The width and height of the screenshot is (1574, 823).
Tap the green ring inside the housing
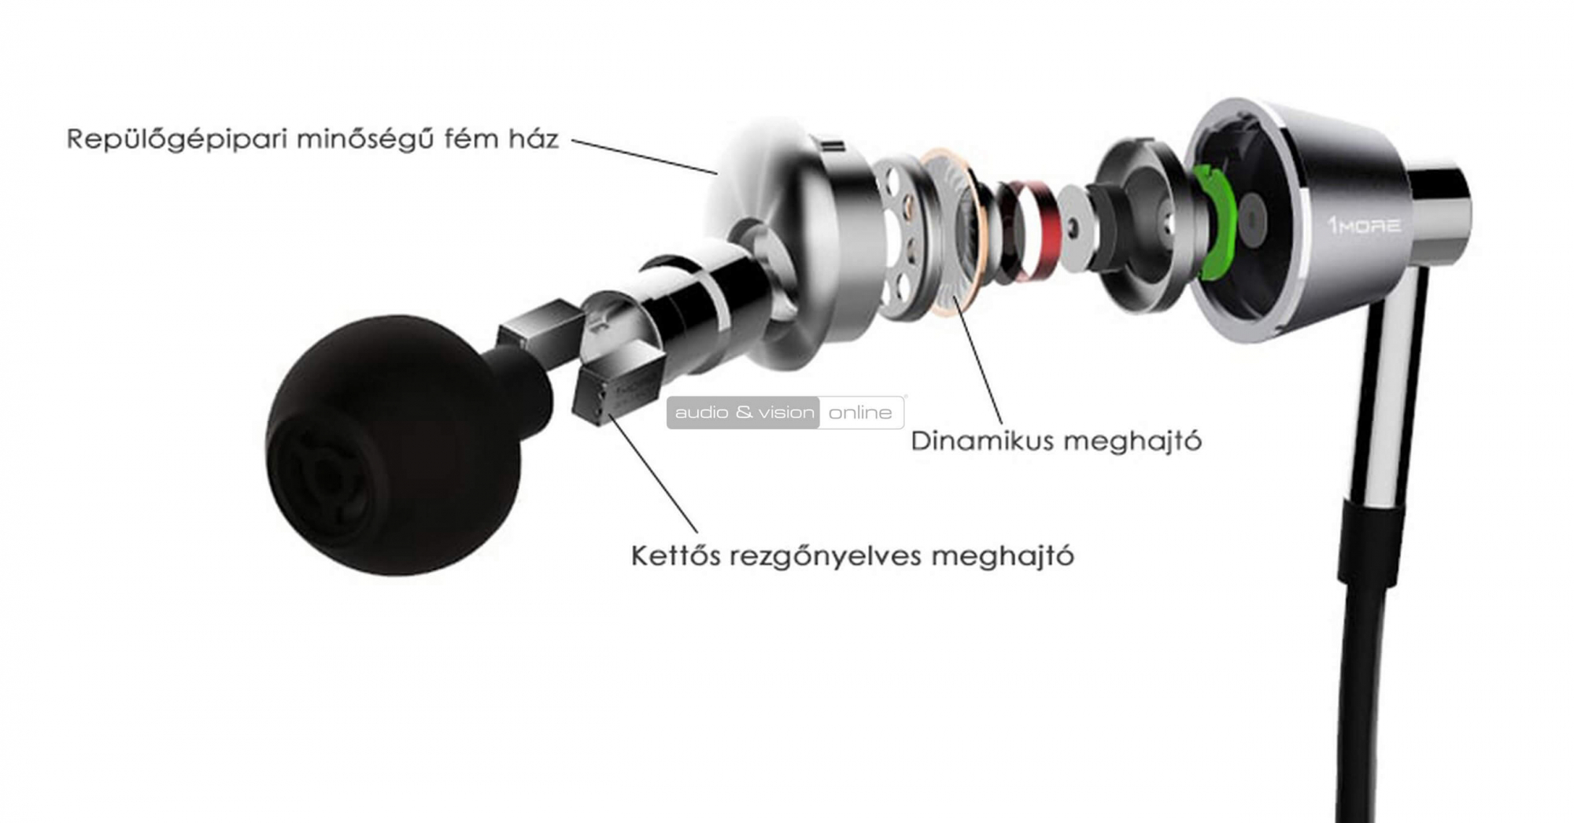point(1215,220)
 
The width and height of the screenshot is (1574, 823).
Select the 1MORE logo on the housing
point(1365,226)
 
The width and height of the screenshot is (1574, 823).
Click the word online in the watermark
point(860,413)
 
